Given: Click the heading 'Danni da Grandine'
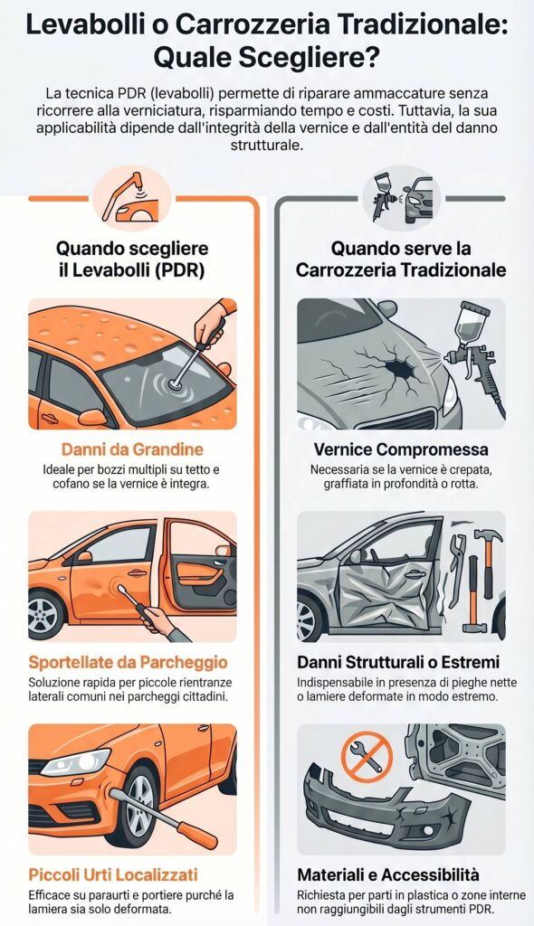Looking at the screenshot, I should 132,449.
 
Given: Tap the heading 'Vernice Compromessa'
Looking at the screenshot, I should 401,449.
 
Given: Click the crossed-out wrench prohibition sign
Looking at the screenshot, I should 367,757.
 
